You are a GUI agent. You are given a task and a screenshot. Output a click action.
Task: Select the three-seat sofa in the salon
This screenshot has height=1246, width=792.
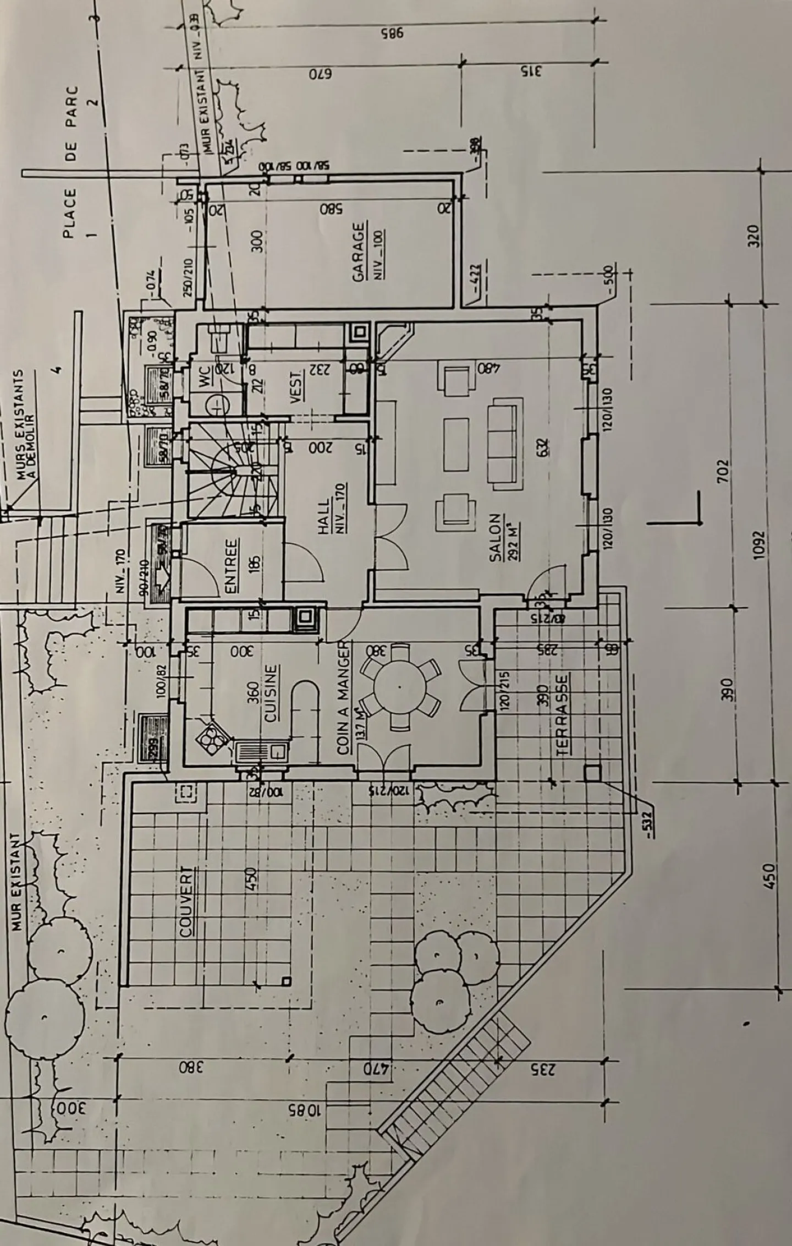pos(504,442)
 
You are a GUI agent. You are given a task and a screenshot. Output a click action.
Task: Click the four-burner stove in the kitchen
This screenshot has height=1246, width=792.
pos(210,737)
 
